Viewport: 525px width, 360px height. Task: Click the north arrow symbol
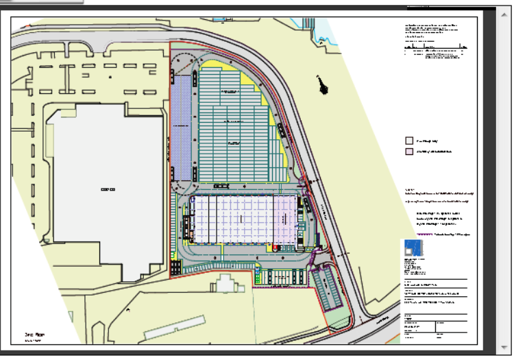point(321,84)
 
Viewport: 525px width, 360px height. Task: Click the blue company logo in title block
point(413,248)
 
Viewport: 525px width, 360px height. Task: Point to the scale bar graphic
point(436,48)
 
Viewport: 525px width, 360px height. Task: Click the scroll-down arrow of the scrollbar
point(505,347)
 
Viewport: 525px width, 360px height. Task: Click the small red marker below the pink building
point(276,247)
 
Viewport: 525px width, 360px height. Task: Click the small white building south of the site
point(226,282)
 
